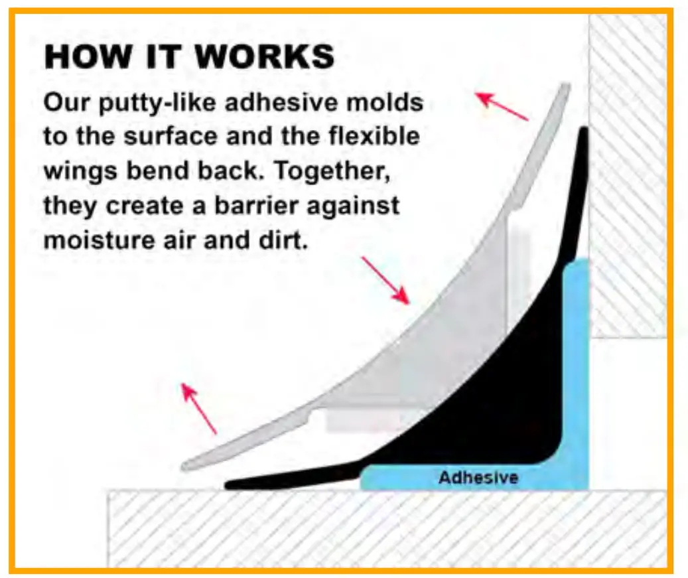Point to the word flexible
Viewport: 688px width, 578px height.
[x=374, y=136]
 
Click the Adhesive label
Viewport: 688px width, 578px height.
[x=478, y=478]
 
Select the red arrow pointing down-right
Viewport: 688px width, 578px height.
[x=385, y=281]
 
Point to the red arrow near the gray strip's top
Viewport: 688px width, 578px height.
[x=502, y=106]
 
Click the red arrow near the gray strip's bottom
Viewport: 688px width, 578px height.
[x=199, y=408]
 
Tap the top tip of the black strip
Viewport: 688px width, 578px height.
[x=584, y=127]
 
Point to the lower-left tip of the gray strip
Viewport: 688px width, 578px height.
[x=184, y=467]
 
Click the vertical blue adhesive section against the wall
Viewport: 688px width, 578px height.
[x=576, y=364]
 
